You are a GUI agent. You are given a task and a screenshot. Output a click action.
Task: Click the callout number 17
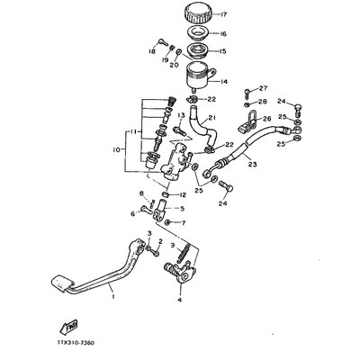pos(224,14)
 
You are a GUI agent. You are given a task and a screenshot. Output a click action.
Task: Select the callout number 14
pos(223,80)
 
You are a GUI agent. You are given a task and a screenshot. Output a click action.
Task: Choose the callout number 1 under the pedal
pos(112,292)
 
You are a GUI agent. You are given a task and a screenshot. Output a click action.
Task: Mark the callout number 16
pos(223,33)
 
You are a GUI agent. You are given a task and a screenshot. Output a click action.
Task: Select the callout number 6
pos(132,213)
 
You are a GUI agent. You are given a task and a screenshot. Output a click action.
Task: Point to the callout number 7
pos(184,221)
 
